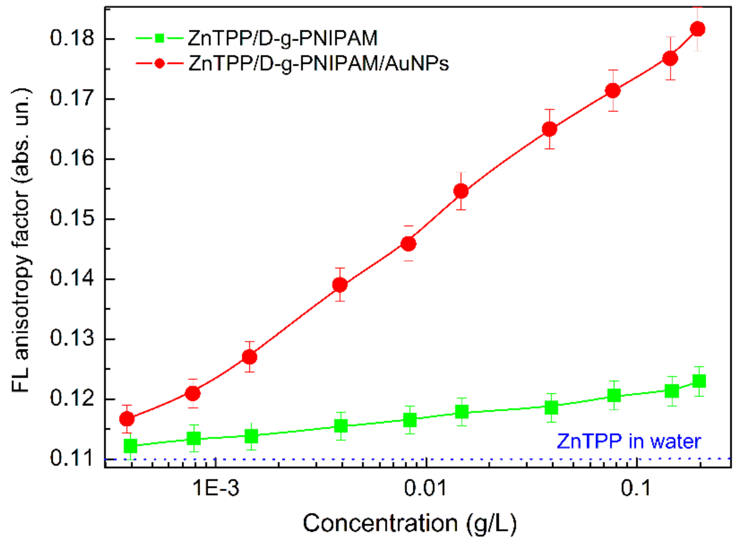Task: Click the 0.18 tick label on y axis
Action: tap(72, 38)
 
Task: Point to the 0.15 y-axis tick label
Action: tap(72, 218)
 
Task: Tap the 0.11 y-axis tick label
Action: tap(72, 458)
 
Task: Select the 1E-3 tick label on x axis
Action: tap(216, 488)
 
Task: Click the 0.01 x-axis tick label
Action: tap(425, 488)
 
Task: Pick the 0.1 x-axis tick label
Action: tap(636, 488)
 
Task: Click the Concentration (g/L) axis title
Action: tap(410, 523)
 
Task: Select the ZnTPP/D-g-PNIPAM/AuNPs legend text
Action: tap(318, 64)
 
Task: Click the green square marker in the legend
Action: tap(159, 38)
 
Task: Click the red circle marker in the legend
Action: tap(159, 64)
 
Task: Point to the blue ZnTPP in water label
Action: tap(629, 441)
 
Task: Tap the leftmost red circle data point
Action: tap(127, 419)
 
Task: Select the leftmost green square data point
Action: tap(131, 446)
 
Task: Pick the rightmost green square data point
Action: tap(699, 381)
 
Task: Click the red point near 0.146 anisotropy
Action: tap(408, 244)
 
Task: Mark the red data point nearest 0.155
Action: tap(461, 191)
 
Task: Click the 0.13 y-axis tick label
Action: tap(72, 338)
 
